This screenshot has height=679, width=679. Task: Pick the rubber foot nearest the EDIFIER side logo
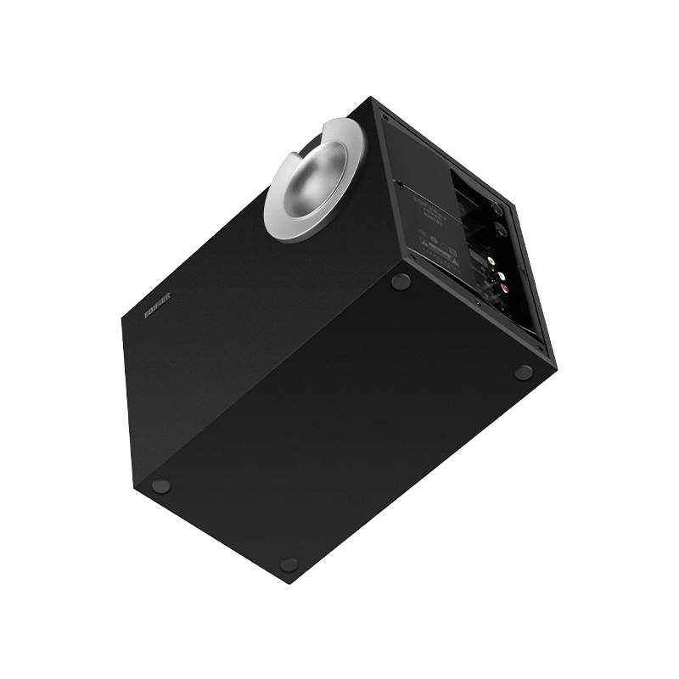(161, 486)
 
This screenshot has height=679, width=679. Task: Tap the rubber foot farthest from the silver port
(289, 562)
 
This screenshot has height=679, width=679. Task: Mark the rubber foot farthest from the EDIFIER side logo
(524, 371)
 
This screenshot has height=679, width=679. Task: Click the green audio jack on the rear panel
(474, 252)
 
